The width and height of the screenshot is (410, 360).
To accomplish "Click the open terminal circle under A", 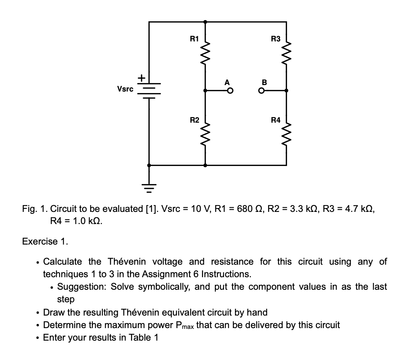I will [x=229, y=91].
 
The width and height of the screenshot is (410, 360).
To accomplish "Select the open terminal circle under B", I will [x=262, y=91].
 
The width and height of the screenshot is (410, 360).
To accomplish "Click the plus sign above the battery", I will [x=141, y=78].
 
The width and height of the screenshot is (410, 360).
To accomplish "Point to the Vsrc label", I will [x=125, y=89].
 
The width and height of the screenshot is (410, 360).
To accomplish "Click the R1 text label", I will [x=194, y=38].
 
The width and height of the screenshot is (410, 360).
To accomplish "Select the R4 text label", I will [x=276, y=120].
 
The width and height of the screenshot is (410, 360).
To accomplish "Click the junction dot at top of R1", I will [x=205, y=22].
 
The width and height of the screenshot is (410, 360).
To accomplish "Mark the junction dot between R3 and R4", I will [x=286, y=91].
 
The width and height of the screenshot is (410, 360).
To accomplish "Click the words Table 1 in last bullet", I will [x=143, y=338].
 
